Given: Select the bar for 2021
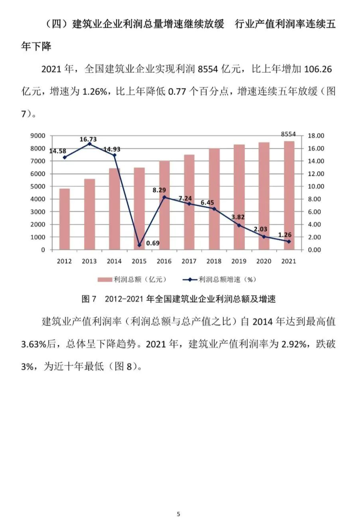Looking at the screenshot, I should click(x=289, y=195).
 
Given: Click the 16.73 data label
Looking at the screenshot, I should click(x=88, y=139).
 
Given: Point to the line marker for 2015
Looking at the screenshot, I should click(x=139, y=245).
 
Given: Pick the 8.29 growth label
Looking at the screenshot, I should click(x=159, y=191).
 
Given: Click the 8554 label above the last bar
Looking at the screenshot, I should click(x=288, y=134).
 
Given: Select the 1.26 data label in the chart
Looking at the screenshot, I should click(x=285, y=235).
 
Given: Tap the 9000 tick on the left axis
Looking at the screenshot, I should click(x=38, y=136).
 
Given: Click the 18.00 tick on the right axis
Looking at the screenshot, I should click(x=316, y=136).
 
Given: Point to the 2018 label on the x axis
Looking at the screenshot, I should click(x=214, y=261).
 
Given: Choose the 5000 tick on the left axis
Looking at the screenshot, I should click(x=38, y=187).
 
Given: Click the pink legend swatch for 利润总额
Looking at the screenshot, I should click(x=105, y=280).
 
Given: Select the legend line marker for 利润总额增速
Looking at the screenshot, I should click(x=190, y=280).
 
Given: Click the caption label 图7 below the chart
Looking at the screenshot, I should click(x=89, y=299).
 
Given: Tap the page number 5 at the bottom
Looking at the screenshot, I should click(x=178, y=514).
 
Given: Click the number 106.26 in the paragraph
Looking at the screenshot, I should click(x=317, y=69).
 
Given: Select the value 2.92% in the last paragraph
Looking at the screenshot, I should click(x=294, y=344).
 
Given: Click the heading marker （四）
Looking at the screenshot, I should click(x=56, y=24).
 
